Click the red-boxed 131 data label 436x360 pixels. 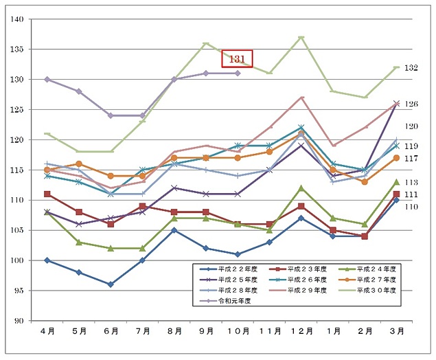tap(238, 59)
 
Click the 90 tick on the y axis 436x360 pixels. tap(19, 321)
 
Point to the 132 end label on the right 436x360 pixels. tap(411, 67)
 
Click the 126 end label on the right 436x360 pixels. tap(411, 104)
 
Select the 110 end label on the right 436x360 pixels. tap(411, 206)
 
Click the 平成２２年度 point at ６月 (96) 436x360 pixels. tap(111, 284)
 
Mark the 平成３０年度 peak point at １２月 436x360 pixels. tap(301, 37)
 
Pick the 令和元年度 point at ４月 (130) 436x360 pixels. tap(47, 80)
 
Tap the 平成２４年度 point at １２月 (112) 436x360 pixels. tap(301, 188)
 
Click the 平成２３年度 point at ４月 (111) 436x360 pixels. tap(47, 194)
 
